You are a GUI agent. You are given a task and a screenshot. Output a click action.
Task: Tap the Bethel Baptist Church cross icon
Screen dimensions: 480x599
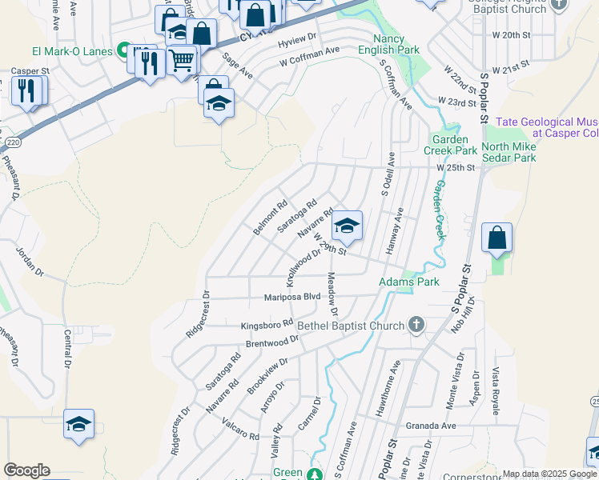(x=416, y=325)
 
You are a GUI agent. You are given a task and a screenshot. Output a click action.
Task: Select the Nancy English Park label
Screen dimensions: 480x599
(x=396, y=44)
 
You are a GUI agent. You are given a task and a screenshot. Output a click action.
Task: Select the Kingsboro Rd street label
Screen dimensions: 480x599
(x=267, y=326)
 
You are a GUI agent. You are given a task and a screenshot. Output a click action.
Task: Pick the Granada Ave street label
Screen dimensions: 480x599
(x=431, y=426)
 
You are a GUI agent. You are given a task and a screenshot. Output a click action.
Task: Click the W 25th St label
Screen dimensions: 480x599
(x=456, y=168)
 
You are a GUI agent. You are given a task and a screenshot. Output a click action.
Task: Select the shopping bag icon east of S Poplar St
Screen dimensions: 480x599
(x=497, y=237)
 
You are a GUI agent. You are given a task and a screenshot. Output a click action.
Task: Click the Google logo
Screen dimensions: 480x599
(x=26, y=470)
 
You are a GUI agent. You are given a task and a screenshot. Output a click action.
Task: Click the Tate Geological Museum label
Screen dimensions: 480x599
(x=547, y=127)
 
